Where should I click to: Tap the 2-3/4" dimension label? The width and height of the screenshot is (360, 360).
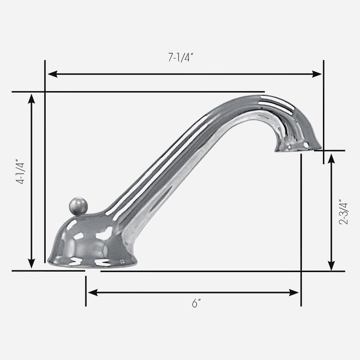point(343,212)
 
